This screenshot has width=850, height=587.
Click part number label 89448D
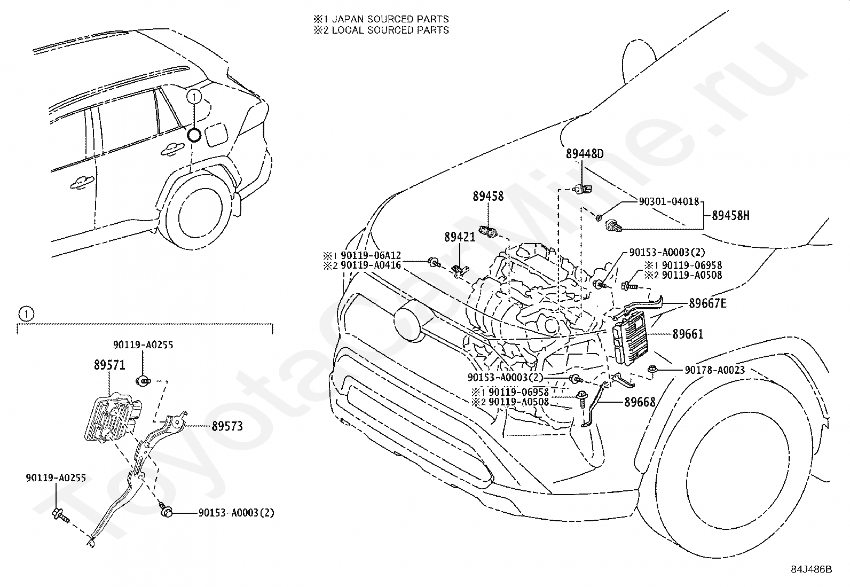click(x=584, y=154)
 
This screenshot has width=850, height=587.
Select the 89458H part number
click(x=730, y=216)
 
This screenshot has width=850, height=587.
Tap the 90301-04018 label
click(x=668, y=201)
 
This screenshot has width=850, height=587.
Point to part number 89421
click(x=460, y=237)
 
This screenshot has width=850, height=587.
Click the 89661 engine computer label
click(x=688, y=334)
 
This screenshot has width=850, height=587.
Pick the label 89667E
click(x=707, y=303)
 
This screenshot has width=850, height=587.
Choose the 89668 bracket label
click(x=640, y=402)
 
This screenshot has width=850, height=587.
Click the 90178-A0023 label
click(x=714, y=370)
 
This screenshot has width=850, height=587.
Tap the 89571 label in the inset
click(x=109, y=365)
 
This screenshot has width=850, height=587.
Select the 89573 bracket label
click(x=227, y=426)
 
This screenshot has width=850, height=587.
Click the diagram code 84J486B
click(x=812, y=569)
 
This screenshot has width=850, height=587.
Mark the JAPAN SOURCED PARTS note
click(x=390, y=19)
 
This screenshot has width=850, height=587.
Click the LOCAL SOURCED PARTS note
click(x=390, y=30)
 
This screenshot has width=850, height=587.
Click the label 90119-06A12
click(x=371, y=255)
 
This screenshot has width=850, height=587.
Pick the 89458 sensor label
click(x=488, y=197)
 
